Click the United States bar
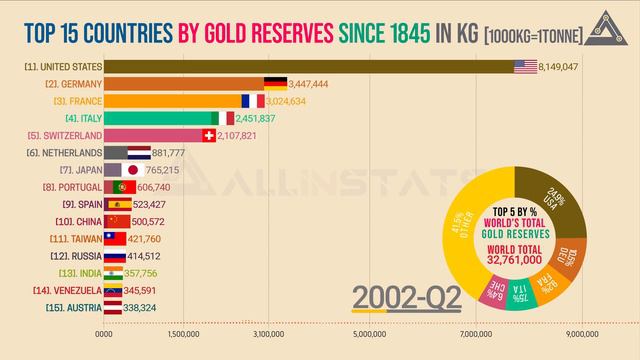[300, 67]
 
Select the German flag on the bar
[275, 84]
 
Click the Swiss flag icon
[208, 136]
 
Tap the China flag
[119, 221]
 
